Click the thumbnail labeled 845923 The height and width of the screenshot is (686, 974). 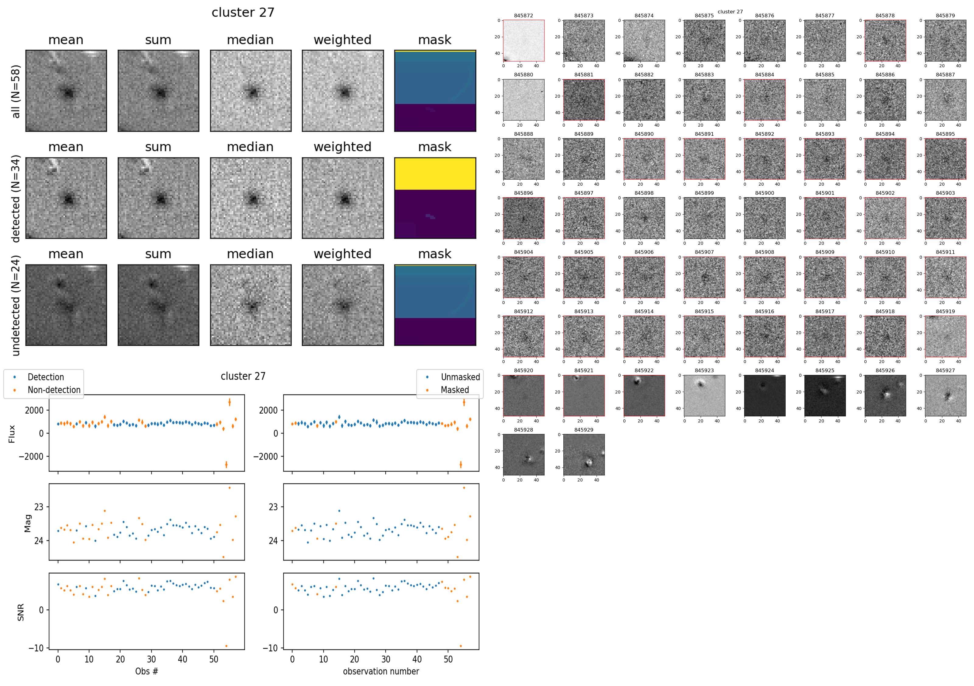pyautogui.click(x=704, y=395)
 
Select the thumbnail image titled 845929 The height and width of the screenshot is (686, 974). pyautogui.click(x=584, y=454)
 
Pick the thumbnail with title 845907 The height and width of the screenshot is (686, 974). pyautogui.click(x=704, y=277)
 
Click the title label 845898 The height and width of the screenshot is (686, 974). pyautogui.click(x=644, y=193)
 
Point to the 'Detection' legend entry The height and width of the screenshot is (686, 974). pyautogui.click(x=45, y=377)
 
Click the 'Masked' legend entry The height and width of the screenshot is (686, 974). pyautogui.click(x=455, y=390)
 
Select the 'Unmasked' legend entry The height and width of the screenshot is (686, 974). pyautogui.click(x=460, y=377)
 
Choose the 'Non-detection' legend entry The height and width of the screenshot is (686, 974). pyautogui.click(x=54, y=390)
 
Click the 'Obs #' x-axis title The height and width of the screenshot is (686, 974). pyautogui.click(x=146, y=671)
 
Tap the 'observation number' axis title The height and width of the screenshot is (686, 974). pyautogui.click(x=381, y=671)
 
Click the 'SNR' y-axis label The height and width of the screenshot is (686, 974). pyautogui.click(x=20, y=612)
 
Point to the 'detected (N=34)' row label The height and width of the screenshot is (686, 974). pyautogui.click(x=16, y=198)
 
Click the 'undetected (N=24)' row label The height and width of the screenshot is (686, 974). pyautogui.click(x=16, y=306)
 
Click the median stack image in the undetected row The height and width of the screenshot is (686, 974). pyautogui.click(x=251, y=305)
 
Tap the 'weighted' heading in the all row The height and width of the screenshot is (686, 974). pyautogui.click(x=342, y=40)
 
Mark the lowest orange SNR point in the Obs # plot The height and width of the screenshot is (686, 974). pyautogui.click(x=226, y=646)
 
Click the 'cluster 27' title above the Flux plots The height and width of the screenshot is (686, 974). pyautogui.click(x=243, y=376)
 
